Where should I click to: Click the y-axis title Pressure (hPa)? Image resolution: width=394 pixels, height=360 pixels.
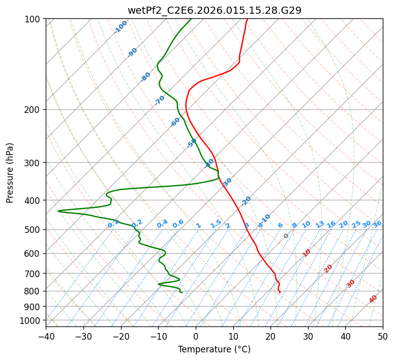tap(10, 172)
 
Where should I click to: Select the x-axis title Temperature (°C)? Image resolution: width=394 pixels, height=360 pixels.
tap(214, 349)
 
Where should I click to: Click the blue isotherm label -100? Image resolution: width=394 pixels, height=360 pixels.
tap(121, 27)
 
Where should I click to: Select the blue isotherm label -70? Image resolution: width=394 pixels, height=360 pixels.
tap(160, 100)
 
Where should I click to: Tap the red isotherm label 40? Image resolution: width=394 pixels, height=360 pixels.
tap(373, 299)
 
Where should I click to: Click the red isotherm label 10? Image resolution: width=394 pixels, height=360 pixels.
tap(307, 253)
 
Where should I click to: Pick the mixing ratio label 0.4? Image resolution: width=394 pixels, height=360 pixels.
tap(162, 224)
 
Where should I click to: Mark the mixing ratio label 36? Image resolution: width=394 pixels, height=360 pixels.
tap(377, 224)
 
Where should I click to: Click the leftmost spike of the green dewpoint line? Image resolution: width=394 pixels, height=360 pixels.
tap(58, 211)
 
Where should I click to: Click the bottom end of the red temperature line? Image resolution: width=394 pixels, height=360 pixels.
tap(280, 292)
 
